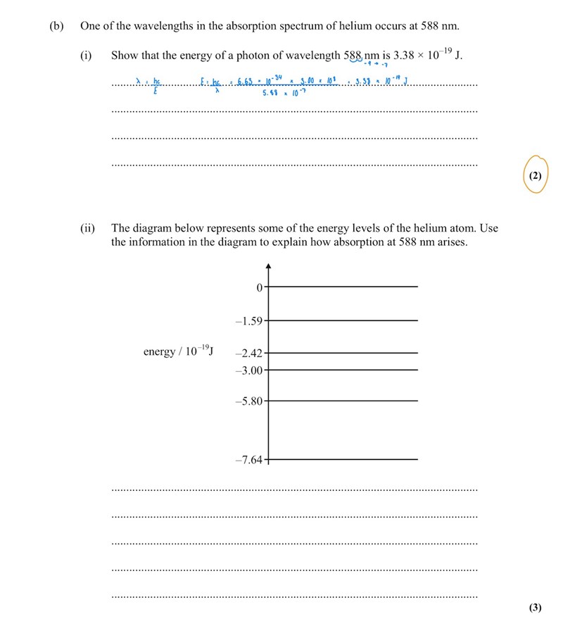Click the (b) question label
click(x=56, y=26)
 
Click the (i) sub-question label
click(x=86, y=56)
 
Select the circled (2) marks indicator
click(x=535, y=176)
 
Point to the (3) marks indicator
click(x=535, y=607)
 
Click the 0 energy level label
click(x=259, y=287)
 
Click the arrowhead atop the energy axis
click(x=268, y=266)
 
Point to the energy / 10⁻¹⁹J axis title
click(x=179, y=351)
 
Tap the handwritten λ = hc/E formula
click(x=148, y=85)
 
